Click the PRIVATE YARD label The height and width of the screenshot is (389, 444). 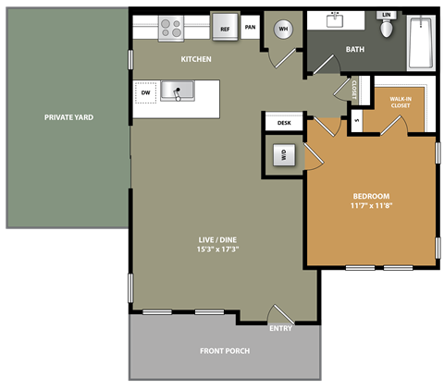(68, 117)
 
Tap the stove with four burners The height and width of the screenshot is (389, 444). (171, 28)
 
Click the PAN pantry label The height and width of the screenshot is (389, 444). (250, 28)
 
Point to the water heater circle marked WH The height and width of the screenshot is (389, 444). (285, 28)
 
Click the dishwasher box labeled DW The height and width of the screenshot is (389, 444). (145, 92)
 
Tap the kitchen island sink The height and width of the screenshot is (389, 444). (177, 91)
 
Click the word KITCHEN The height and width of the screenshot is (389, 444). (196, 59)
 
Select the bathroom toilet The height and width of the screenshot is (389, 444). (388, 28)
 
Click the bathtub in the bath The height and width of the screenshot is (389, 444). (421, 42)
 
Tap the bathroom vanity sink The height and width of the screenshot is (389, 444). (335, 20)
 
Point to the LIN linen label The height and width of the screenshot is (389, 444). (388, 15)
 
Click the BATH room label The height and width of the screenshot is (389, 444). (355, 49)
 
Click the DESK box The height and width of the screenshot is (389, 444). (284, 122)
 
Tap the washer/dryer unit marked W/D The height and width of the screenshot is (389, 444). (283, 155)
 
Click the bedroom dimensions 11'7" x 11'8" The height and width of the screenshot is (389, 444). (370, 207)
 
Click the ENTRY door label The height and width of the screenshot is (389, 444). (281, 328)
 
